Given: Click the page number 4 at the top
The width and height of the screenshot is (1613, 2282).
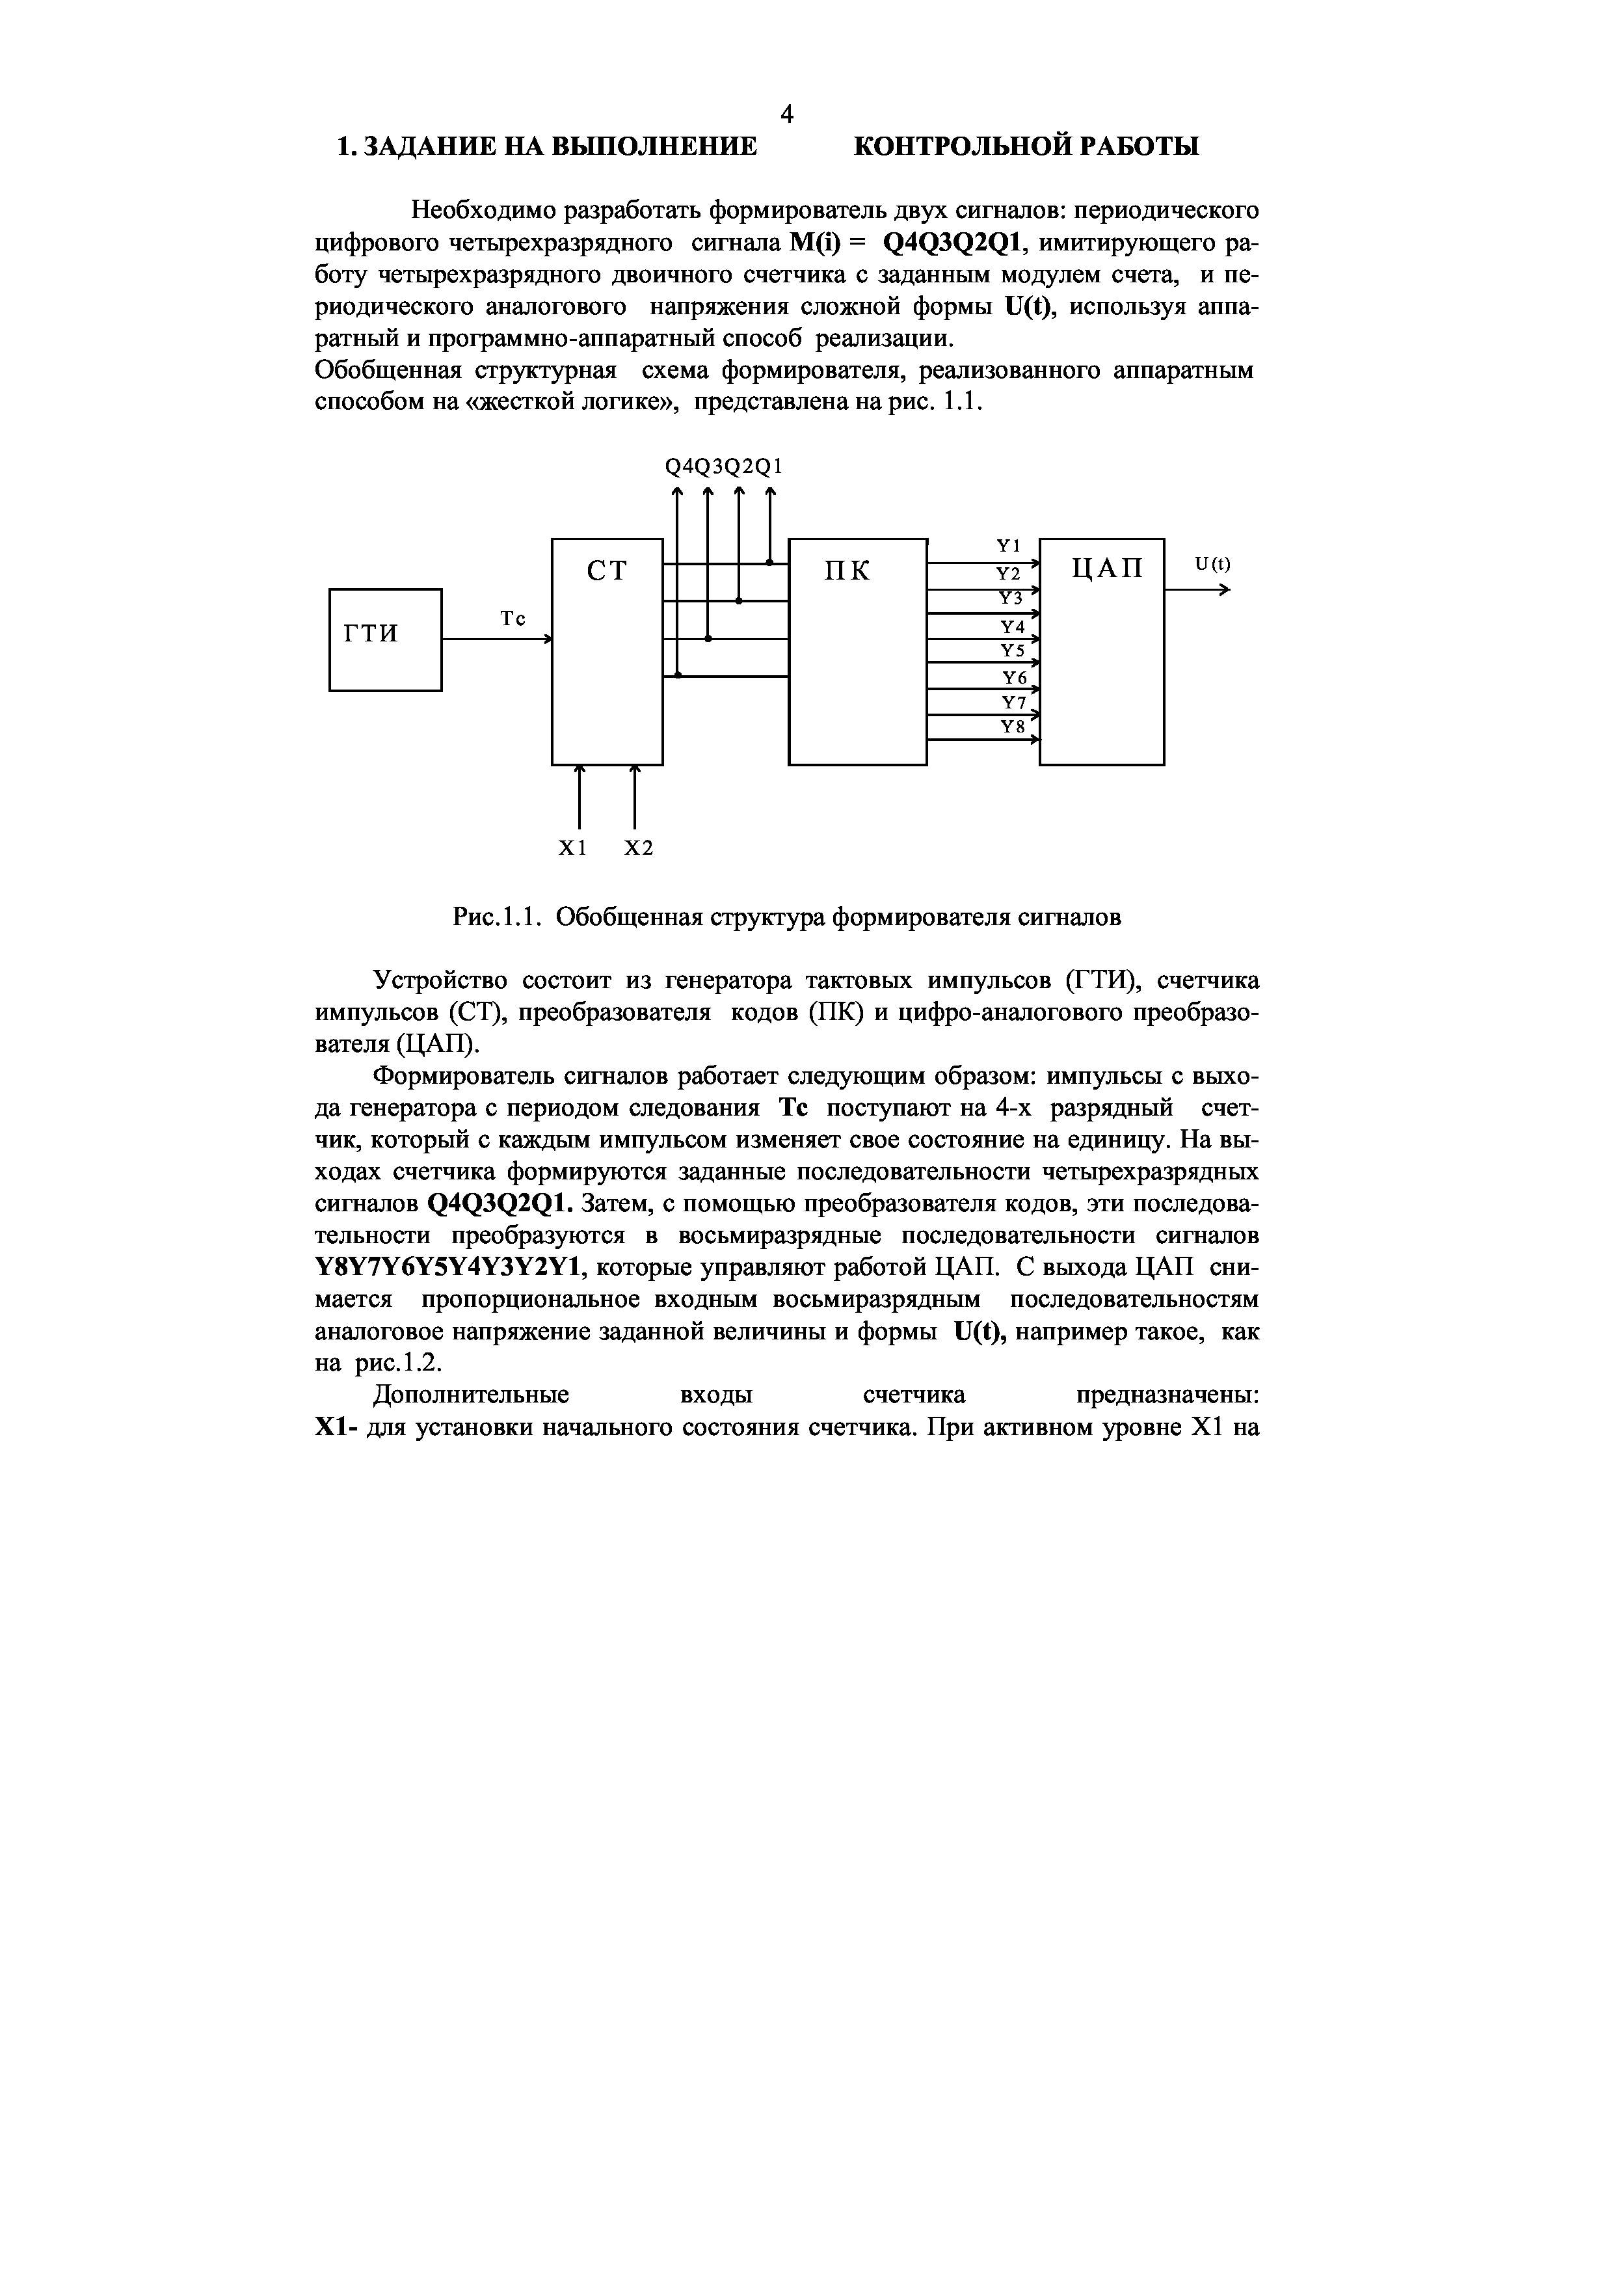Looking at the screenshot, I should pos(786,114).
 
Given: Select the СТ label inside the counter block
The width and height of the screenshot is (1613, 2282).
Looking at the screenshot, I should pos(607,572).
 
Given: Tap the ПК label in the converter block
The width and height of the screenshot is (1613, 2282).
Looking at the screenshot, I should pos(847,572).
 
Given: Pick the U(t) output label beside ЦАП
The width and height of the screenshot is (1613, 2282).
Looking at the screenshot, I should pos(1212,563).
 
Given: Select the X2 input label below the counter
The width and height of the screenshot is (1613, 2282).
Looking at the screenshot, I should pos(639,848).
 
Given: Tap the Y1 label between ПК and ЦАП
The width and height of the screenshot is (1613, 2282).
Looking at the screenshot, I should pos(1009,546).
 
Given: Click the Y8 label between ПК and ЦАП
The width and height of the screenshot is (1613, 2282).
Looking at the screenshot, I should pos(1012,727).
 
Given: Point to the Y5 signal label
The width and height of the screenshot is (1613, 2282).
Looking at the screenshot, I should pos(1012,651).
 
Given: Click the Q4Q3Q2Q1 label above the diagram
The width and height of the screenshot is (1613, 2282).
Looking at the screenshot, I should pos(723,467).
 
